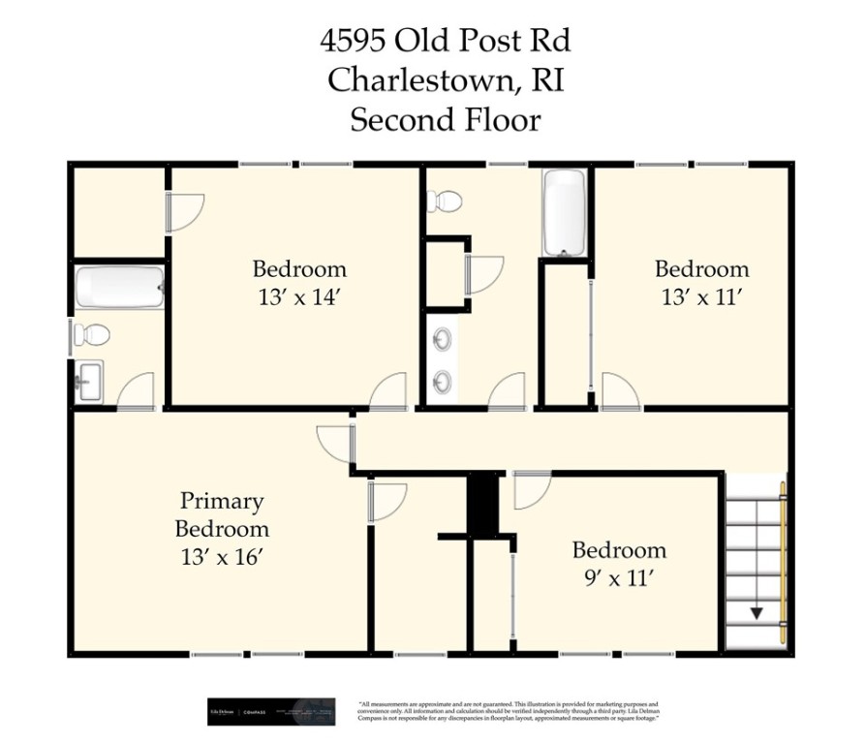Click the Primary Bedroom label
[222, 515]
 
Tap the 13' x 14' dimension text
[299, 297]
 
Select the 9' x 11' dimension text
[619, 579]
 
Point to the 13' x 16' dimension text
[222, 557]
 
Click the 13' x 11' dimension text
[701, 297]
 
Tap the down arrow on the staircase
[756, 612]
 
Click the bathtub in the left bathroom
[119, 288]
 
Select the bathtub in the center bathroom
[565, 213]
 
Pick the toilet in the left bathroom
[91, 335]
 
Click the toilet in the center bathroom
[445, 201]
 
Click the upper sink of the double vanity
[443, 340]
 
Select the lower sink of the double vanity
[443, 382]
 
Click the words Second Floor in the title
[445, 120]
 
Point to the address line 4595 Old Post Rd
[445, 42]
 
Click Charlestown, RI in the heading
[445, 80]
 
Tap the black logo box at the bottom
[271, 712]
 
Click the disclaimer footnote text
[509, 712]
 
